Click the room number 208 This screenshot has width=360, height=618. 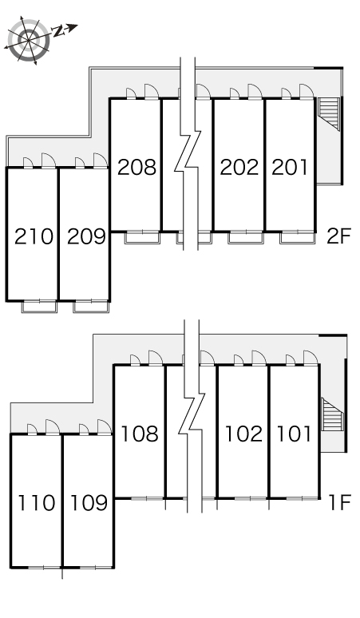136,167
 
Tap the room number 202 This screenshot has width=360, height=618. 239,167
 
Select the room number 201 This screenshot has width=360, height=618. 290,167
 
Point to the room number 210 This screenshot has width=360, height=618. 34,236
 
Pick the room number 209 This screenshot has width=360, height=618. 86,236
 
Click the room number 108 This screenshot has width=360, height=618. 139,434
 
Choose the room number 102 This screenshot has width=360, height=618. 243,434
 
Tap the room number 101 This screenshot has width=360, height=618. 294,434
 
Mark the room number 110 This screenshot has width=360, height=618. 36,503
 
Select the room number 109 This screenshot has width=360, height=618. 89,503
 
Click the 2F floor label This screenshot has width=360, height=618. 338,236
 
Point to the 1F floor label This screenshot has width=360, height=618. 339,502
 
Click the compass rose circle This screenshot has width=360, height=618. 30,40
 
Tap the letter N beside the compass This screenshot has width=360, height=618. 59,31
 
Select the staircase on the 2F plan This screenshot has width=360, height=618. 329,113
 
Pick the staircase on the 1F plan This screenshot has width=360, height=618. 333,414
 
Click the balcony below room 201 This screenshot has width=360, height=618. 298,238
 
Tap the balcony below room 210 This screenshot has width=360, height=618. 39,307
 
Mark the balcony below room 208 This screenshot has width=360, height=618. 142,238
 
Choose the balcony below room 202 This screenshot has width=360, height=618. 246,238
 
